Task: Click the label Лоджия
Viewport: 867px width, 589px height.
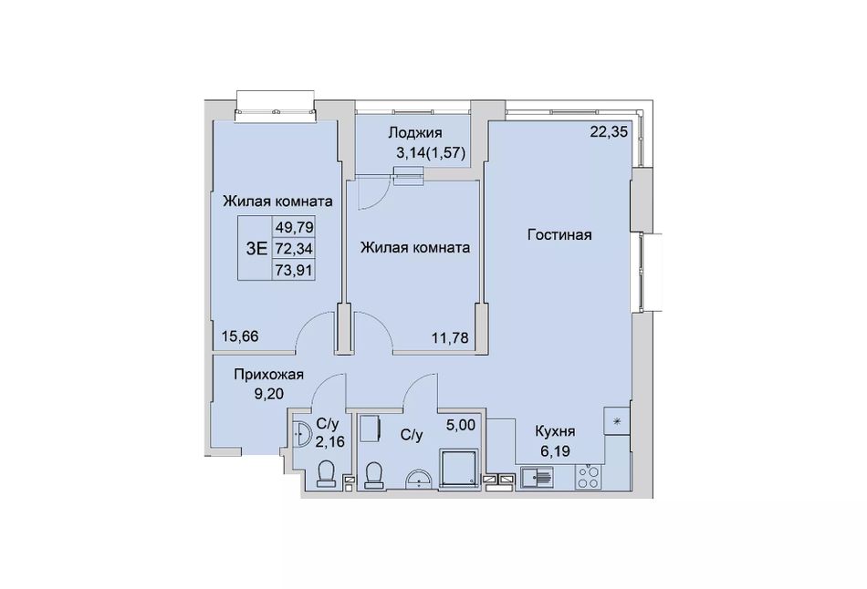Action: [414, 132]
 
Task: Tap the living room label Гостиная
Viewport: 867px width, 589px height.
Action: [559, 235]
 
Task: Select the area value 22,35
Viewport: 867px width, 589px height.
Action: [610, 132]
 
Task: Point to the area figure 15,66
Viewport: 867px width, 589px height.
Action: [240, 336]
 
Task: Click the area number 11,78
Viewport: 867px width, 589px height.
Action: [450, 337]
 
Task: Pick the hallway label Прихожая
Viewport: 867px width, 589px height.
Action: [268, 375]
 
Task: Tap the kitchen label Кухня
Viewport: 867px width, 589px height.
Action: [555, 431]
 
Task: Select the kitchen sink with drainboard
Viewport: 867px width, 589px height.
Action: [537, 478]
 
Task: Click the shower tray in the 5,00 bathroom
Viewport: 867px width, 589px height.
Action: [458, 469]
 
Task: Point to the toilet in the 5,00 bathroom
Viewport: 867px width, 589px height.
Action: [374, 476]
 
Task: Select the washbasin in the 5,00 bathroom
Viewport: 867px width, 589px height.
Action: [419, 479]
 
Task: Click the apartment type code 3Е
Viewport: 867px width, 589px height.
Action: [256, 249]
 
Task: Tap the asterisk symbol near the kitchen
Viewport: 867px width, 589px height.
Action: [617, 421]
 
